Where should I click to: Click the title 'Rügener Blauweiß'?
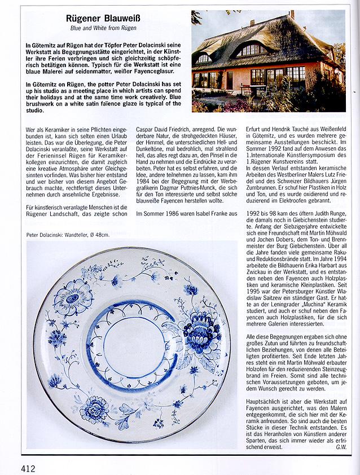[107, 19]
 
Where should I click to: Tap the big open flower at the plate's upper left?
[72, 298]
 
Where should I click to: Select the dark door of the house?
[230, 80]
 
